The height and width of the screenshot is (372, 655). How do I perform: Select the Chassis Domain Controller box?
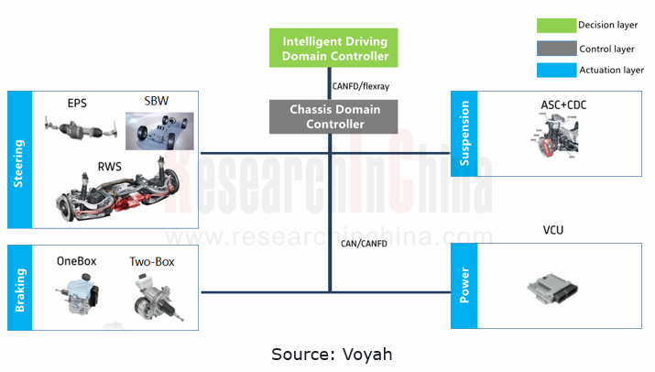328,116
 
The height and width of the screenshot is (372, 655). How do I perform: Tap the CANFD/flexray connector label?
360,85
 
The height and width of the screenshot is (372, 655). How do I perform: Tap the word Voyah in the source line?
367,354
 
